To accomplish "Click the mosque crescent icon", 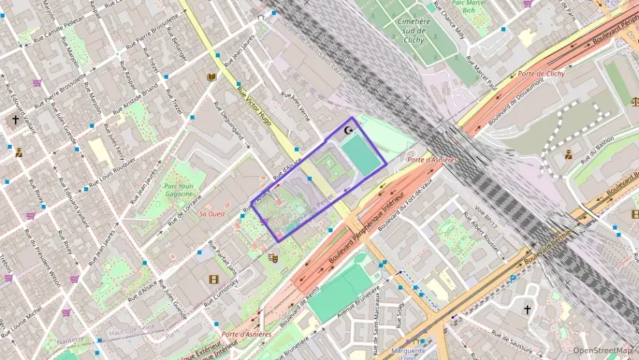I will coord(350,130).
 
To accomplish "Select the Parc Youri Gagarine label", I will coord(179,189).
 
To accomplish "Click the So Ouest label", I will coord(212,214).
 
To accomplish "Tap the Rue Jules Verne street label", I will coord(296,108).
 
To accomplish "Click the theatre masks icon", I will coord(274,258).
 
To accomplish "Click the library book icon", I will coord(212,77).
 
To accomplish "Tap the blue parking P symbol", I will coord(513,279).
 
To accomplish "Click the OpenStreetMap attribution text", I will coord(602,350).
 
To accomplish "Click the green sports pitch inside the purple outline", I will coord(360,154).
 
